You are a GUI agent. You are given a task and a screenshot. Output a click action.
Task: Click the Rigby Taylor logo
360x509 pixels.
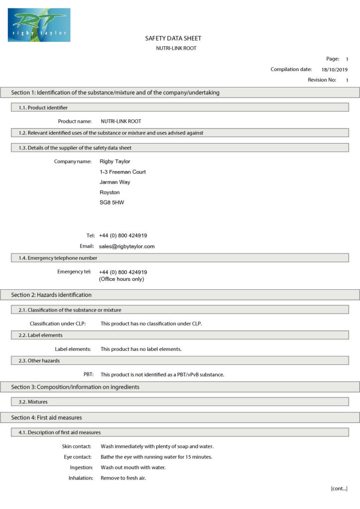39,25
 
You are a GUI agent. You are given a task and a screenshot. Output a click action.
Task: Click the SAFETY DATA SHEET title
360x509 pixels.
173,38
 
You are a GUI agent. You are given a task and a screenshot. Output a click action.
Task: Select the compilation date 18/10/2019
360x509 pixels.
335,70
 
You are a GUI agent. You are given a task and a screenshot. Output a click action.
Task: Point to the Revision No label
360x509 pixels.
322,80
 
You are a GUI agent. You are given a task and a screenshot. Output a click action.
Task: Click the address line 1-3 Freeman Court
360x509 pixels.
123,171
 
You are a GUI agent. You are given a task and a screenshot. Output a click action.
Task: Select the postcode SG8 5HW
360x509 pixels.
112,203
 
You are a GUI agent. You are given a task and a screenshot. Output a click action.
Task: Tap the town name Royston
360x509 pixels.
109,192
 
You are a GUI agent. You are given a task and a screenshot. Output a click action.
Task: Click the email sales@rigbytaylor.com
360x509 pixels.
127,246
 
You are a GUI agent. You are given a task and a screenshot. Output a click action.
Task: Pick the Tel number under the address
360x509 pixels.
123,235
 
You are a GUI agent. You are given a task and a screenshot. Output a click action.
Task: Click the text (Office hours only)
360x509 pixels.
121,279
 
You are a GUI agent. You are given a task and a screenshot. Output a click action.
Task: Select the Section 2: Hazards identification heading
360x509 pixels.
51,295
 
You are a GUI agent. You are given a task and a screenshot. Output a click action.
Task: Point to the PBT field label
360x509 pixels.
89,374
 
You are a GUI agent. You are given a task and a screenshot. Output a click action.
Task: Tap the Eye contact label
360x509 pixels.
77,457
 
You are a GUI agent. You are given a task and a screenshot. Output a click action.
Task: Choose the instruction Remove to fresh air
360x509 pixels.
123,478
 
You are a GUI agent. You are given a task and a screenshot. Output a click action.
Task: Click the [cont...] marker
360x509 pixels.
339,489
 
